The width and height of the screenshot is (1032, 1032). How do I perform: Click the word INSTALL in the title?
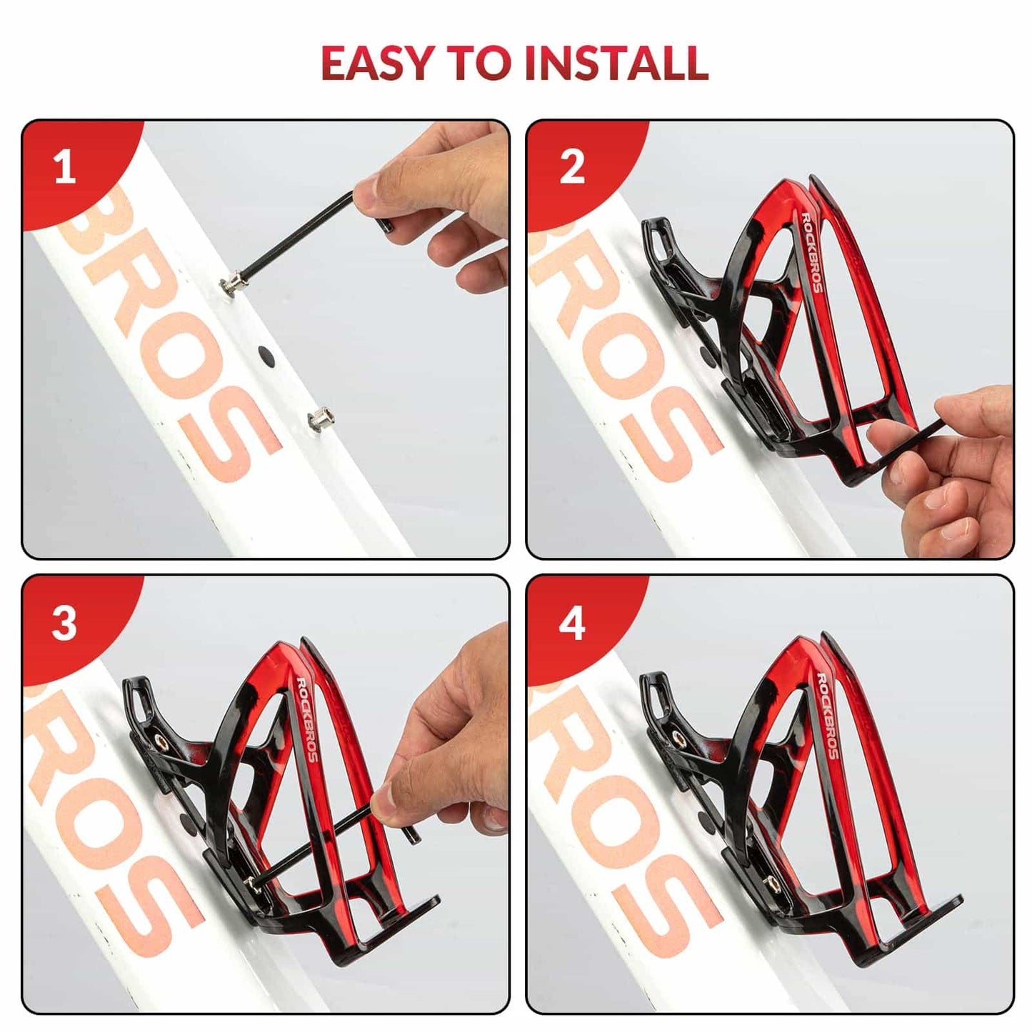point(616,63)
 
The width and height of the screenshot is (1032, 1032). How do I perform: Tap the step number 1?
point(65,167)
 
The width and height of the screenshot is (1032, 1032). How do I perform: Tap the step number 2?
point(572,167)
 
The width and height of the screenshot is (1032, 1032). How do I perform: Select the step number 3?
point(64,623)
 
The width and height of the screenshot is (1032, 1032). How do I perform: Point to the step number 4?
point(572,623)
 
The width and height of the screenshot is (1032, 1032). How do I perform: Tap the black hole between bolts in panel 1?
point(266,354)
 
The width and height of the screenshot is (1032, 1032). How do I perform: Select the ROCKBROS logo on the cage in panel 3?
point(307,717)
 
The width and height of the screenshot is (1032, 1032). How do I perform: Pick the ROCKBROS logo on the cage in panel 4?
point(827,716)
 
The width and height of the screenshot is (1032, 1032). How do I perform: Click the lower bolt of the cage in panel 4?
point(771,884)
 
